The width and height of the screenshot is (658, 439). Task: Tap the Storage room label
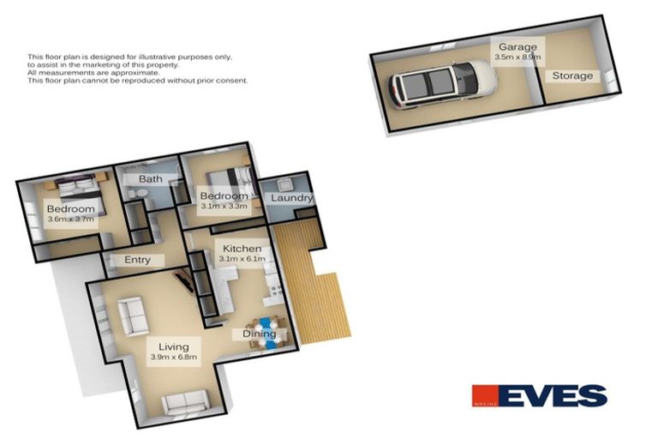(571, 76)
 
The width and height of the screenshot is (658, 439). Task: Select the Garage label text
(519, 46)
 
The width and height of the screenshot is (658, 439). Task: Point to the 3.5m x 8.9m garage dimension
(518, 57)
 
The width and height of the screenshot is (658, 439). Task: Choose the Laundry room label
(291, 199)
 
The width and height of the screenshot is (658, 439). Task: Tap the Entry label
(137, 260)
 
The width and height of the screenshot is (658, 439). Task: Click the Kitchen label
(242, 249)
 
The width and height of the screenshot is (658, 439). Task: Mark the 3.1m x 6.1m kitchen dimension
(242, 259)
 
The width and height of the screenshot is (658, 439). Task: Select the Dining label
(259, 334)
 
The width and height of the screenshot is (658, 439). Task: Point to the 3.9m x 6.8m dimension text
(173, 358)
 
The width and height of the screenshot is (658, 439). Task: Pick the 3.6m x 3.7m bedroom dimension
(70, 220)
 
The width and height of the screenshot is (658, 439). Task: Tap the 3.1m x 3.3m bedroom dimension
(224, 207)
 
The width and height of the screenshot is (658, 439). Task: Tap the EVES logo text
(553, 395)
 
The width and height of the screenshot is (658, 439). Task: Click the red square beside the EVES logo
(484, 395)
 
